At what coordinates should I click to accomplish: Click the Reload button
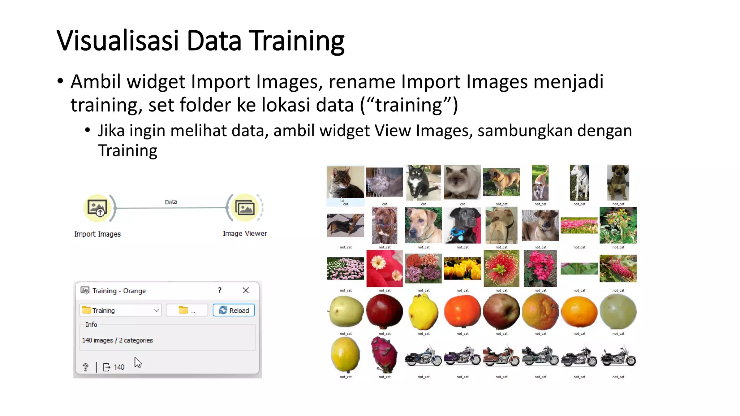pos(234,310)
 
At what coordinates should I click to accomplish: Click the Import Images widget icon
pos(97,208)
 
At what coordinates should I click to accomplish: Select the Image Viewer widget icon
pos(245,208)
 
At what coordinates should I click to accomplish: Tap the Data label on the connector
pos(171,202)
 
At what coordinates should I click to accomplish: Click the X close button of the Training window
pos(246,290)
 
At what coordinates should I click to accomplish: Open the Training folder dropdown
pos(120,310)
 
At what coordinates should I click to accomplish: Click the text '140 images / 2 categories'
pos(117,340)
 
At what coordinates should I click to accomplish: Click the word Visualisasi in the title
pos(118,40)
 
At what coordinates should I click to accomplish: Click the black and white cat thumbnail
pos(423,182)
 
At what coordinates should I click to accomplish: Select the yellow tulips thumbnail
pos(462,268)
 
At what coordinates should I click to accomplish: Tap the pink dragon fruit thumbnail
pos(384,355)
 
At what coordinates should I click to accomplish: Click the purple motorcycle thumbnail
pos(462,356)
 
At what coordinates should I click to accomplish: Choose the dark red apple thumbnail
pos(384,311)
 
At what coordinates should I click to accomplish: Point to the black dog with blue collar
pos(462,225)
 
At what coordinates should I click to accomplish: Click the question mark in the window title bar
pos(220,290)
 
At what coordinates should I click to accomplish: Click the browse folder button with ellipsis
pos(187,310)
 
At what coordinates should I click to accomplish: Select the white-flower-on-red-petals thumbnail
pos(384,268)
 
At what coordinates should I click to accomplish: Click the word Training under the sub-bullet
pos(128,151)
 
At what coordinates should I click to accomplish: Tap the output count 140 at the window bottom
pos(119,367)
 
